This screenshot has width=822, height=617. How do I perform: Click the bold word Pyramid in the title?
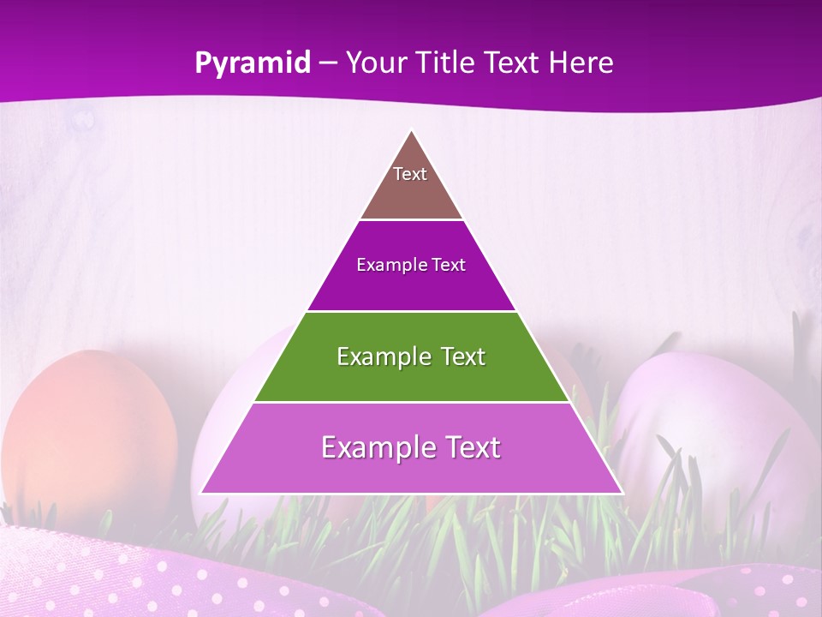[x=252, y=63]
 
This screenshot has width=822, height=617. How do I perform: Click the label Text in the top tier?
[x=410, y=174]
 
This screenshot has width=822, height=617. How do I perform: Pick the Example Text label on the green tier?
[x=411, y=356]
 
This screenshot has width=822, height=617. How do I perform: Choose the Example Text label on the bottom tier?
[x=411, y=447]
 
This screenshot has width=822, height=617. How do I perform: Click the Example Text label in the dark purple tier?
[x=411, y=265]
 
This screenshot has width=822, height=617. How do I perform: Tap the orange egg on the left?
[x=90, y=428]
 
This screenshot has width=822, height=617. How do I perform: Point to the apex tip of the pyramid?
[x=412, y=132]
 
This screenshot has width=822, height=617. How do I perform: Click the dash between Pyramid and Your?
[x=328, y=63]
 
